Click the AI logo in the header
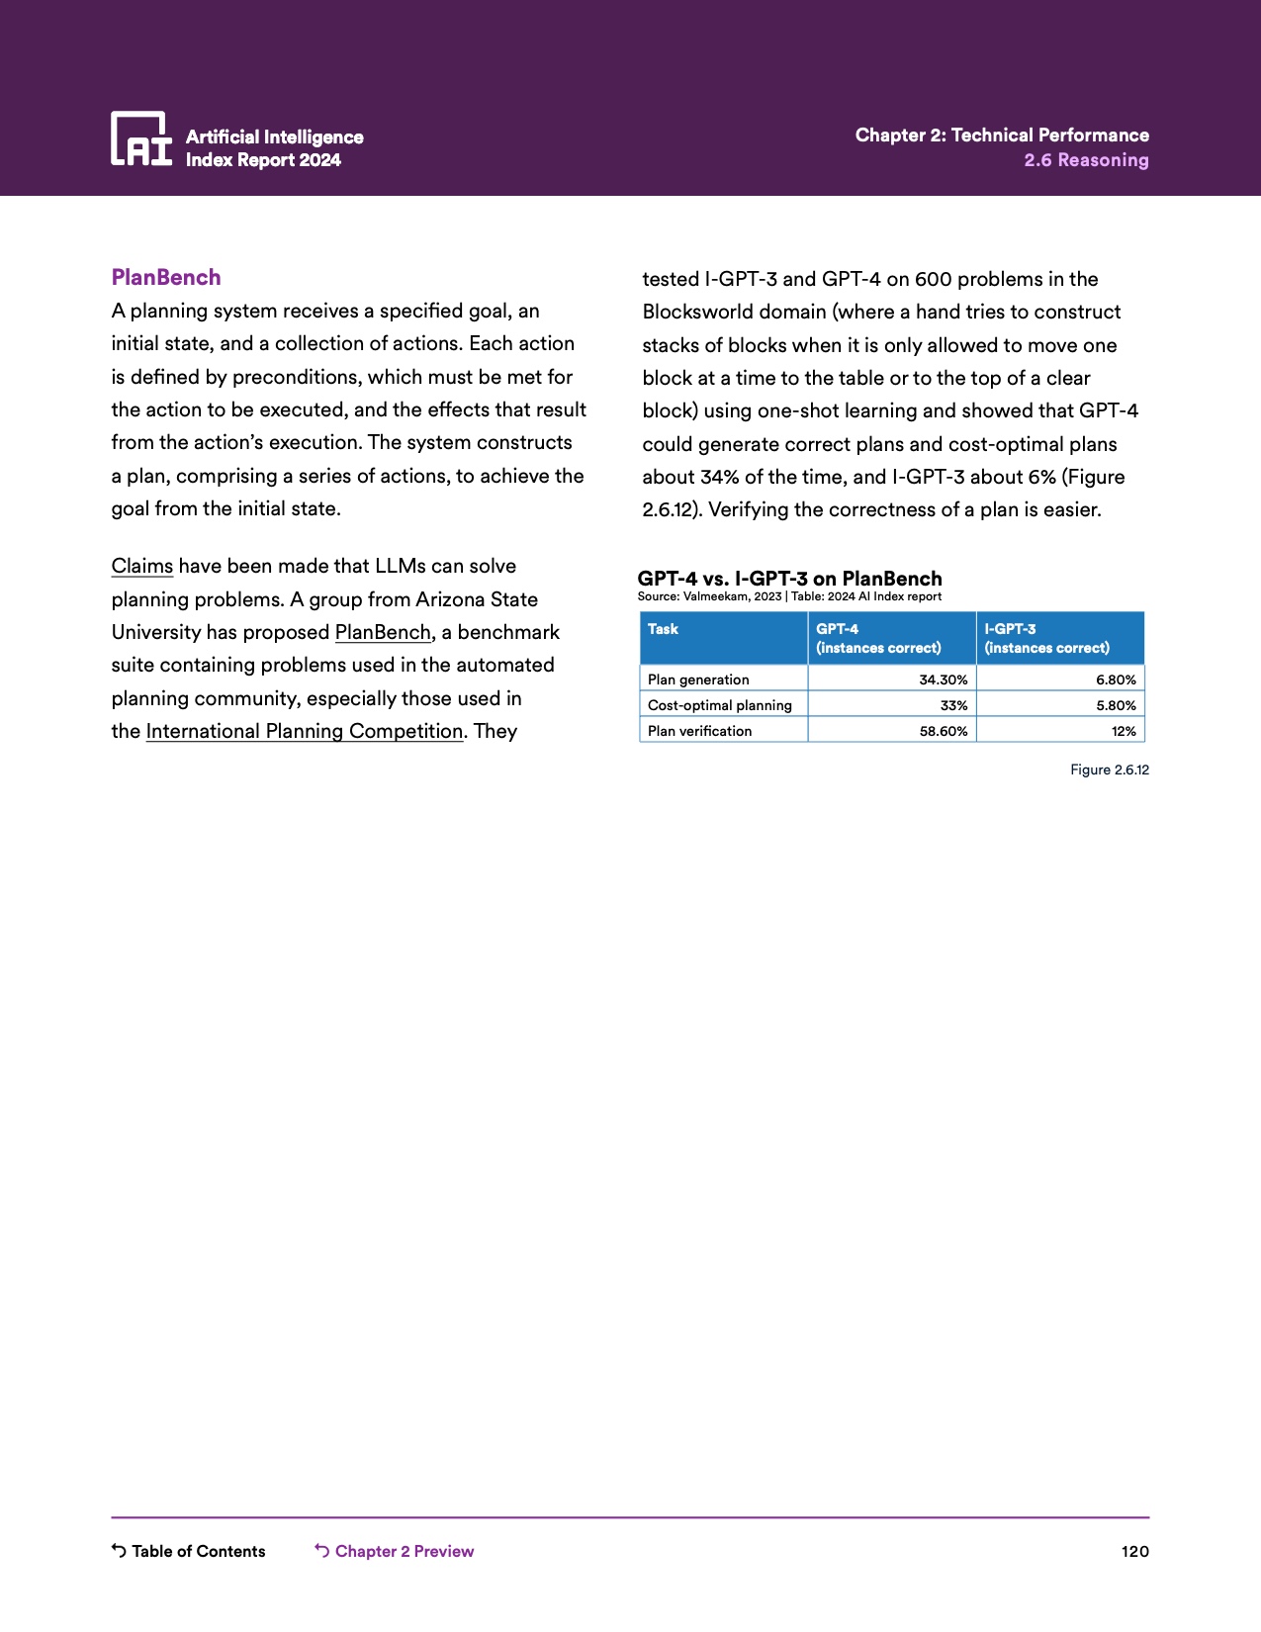click(140, 138)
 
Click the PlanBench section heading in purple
click(166, 277)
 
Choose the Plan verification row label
click(700, 731)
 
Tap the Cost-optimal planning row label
click(720, 705)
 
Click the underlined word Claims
click(142, 567)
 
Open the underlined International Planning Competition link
click(305, 732)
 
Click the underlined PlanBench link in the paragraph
click(383, 633)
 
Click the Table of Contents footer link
click(189, 1551)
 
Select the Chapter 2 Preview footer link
click(395, 1551)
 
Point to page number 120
click(1134, 1551)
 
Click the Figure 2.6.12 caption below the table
click(1109, 770)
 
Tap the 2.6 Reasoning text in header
click(1086, 160)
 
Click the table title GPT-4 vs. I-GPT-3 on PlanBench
click(789, 579)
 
